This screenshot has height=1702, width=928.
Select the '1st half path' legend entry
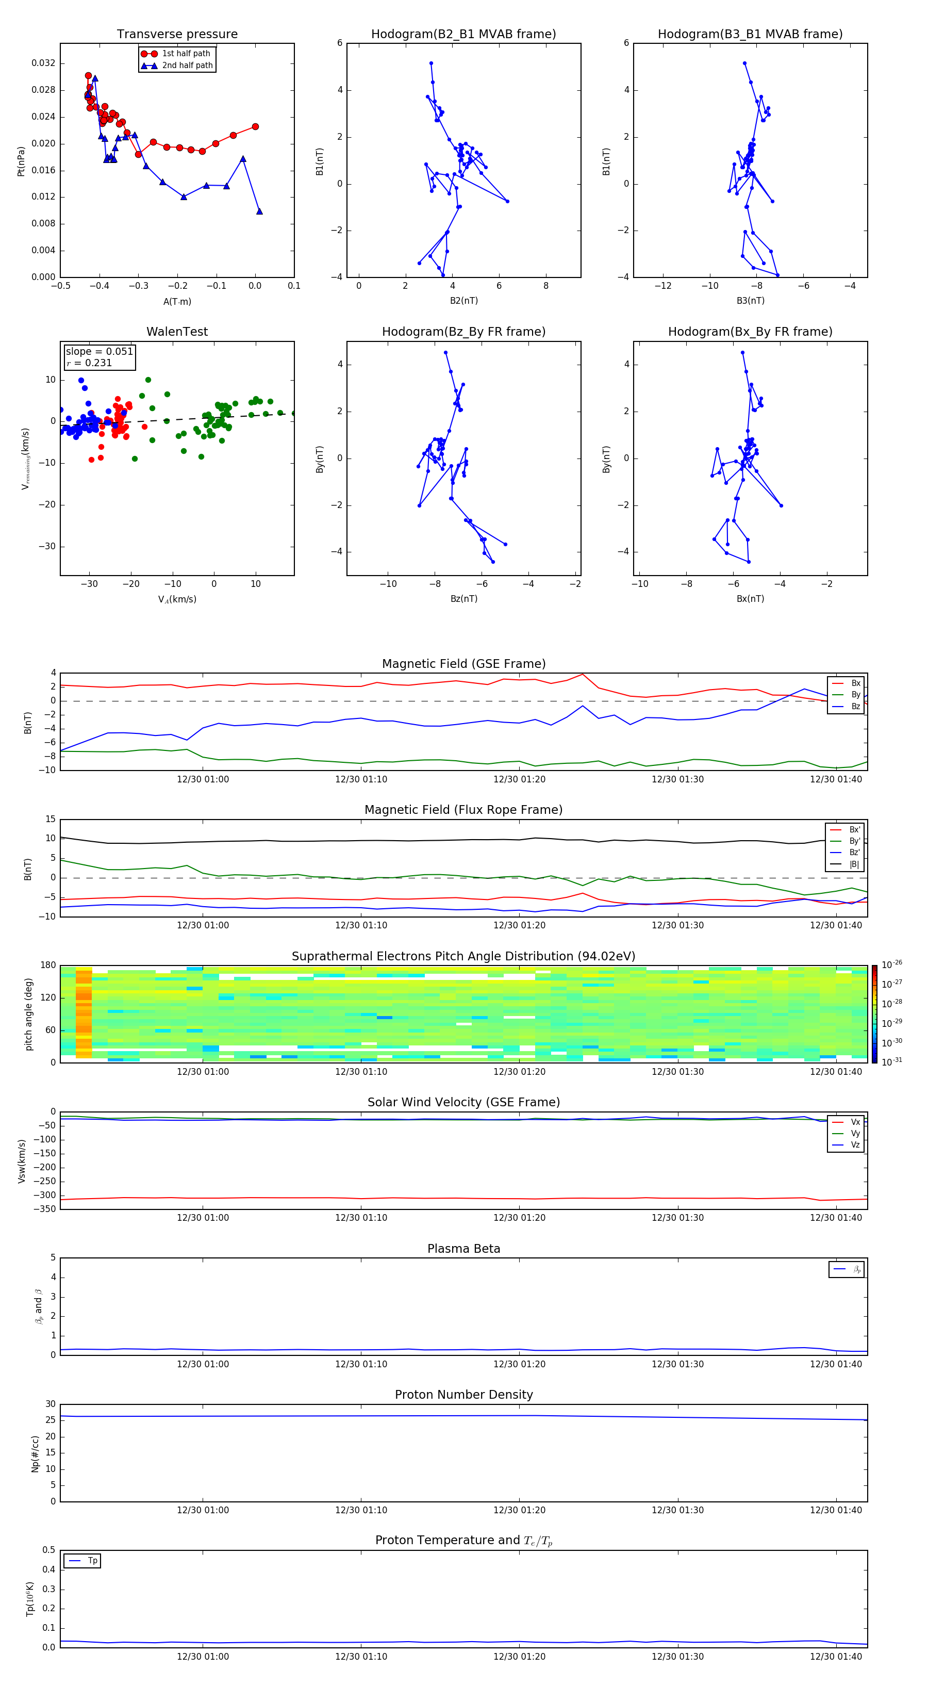click(186, 54)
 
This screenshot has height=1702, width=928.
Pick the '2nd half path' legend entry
click(187, 66)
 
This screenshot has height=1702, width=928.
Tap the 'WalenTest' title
click(177, 332)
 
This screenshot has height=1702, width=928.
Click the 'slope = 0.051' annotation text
click(99, 352)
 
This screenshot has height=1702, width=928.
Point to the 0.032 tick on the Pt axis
click(44, 63)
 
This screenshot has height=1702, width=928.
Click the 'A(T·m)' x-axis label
click(177, 301)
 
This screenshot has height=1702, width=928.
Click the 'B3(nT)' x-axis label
click(750, 301)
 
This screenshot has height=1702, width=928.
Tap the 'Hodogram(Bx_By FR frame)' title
click(750, 332)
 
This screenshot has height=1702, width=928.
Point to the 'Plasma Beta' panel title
click(463, 1249)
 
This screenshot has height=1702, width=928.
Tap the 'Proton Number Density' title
click(463, 1395)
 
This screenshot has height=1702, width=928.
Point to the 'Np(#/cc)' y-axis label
click(36, 1453)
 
